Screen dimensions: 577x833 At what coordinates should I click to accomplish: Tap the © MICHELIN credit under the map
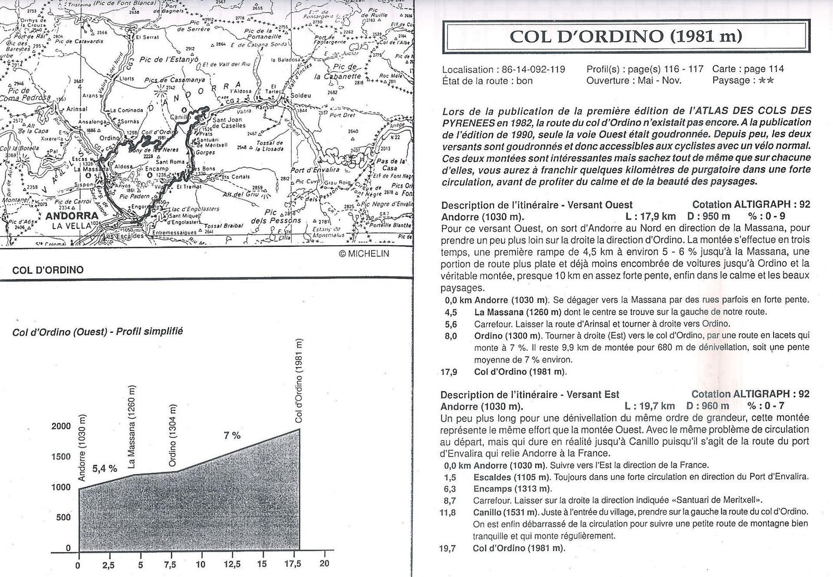point(363,254)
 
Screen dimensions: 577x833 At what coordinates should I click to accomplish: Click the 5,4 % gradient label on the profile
point(104,469)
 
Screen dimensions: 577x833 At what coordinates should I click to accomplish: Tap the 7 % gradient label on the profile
point(232,435)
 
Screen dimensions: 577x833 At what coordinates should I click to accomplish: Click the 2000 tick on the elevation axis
point(61,427)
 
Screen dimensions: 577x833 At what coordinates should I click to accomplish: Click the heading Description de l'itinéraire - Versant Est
point(530,395)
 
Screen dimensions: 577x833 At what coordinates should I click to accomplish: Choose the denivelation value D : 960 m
point(709,406)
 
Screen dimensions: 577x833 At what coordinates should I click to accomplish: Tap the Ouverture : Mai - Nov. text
point(634,80)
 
